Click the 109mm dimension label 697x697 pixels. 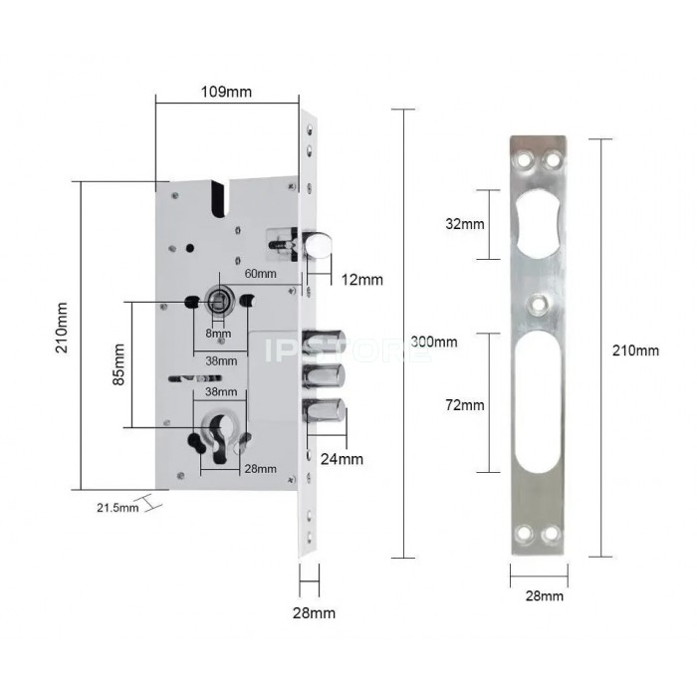coord(226,92)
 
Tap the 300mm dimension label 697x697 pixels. coord(434,342)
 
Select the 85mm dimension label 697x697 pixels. coord(118,364)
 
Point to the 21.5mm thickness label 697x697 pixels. coord(117,507)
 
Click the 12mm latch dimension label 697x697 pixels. coord(361,280)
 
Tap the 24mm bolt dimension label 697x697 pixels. coord(342,459)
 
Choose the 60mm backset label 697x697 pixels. coord(261,274)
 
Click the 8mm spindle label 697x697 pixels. coord(218,334)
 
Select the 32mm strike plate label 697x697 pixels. coord(465,224)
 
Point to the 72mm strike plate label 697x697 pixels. coord(465,405)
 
